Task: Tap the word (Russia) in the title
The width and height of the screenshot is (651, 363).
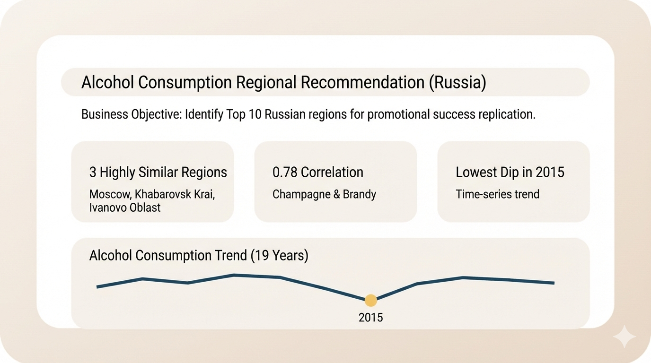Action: [457, 82]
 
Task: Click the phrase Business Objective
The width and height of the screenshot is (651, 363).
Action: [131, 114]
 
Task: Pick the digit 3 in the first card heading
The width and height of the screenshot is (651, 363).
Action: [93, 172]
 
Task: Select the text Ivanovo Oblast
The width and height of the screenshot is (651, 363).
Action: [125, 207]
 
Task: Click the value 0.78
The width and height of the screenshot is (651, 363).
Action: [284, 172]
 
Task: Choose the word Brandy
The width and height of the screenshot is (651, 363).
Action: [361, 194]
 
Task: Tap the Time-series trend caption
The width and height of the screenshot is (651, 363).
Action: [497, 194]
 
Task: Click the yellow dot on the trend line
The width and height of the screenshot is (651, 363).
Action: [371, 300]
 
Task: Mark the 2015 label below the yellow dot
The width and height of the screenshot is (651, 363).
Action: [371, 317]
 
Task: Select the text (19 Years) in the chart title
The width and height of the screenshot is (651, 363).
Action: [279, 256]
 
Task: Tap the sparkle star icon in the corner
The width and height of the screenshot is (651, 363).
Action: [624, 337]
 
